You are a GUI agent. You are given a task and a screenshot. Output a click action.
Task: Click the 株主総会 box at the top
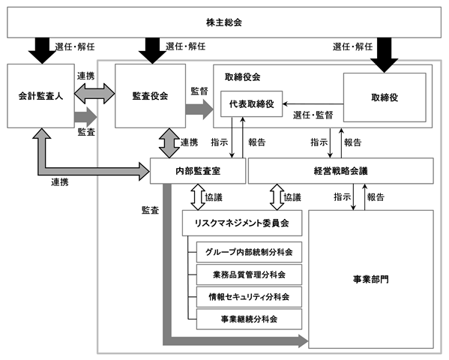coord(224,22)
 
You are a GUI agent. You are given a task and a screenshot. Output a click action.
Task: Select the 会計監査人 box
coord(40,96)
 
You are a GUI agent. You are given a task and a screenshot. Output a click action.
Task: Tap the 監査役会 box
coord(150,96)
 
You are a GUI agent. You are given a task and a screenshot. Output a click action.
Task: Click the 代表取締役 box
coord(251,103)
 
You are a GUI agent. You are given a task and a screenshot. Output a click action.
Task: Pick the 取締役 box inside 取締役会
coord(385,97)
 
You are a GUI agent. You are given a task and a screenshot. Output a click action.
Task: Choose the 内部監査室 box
coord(198,171)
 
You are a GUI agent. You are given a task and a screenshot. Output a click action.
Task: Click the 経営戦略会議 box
coord(341,171)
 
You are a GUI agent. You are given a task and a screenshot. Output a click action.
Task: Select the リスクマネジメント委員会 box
coord(242,223)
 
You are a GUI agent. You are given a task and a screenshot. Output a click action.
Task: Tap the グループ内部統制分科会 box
coord(249,252)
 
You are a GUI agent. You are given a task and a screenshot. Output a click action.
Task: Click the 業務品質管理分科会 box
coord(249,274)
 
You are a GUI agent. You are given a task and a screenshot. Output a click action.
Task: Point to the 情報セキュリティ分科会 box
coord(249,297)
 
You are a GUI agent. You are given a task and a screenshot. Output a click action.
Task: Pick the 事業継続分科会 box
coord(249,319)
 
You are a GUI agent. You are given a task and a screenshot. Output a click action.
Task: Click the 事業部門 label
coord(371,279)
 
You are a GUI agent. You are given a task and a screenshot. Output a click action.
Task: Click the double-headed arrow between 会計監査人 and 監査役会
coord(94,94)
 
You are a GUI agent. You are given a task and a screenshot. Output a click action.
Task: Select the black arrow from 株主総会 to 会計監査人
coord(42,50)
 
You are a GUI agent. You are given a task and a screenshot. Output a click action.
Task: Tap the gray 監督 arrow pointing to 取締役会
coord(199,109)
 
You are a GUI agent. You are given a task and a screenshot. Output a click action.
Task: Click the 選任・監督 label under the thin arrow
coord(313,115)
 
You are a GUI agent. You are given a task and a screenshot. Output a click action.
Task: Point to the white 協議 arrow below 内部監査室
coord(198,197)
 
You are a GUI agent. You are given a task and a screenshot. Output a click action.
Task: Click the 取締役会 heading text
coord(242,76)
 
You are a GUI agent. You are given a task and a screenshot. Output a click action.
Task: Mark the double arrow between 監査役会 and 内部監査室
coord(169,143)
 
